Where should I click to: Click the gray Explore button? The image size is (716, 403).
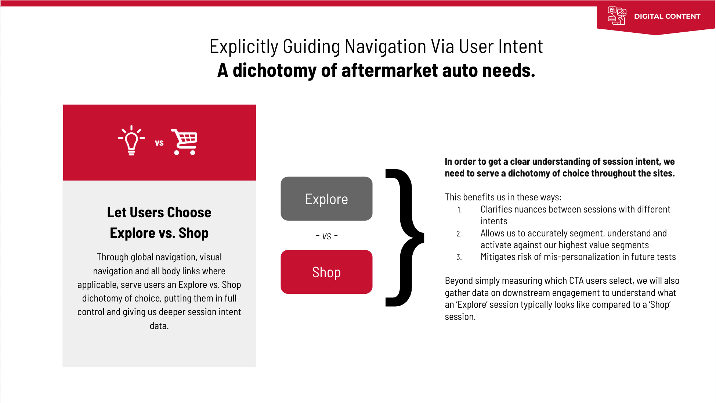326,199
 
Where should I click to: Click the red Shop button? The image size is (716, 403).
326,272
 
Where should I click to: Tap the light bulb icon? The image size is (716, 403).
131,140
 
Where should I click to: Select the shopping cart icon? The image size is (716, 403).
185,142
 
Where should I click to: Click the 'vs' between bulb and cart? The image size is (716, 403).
159,143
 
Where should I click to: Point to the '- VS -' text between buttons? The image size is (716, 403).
326,236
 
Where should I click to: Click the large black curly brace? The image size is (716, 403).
404,237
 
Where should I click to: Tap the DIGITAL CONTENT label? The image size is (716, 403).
667,17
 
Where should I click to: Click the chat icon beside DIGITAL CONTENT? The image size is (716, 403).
617,16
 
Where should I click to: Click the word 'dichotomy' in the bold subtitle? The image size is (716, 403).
274,71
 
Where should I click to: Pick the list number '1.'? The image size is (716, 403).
459,210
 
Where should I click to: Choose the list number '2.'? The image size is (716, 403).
459,234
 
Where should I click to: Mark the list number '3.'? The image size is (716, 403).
459,257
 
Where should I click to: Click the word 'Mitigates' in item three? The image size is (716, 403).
498,257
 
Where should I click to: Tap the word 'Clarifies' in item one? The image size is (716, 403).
497,210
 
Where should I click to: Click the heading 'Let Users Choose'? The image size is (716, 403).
159,213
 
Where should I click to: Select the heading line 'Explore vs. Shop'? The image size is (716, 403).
159,233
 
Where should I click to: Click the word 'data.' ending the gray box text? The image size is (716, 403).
159,326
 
